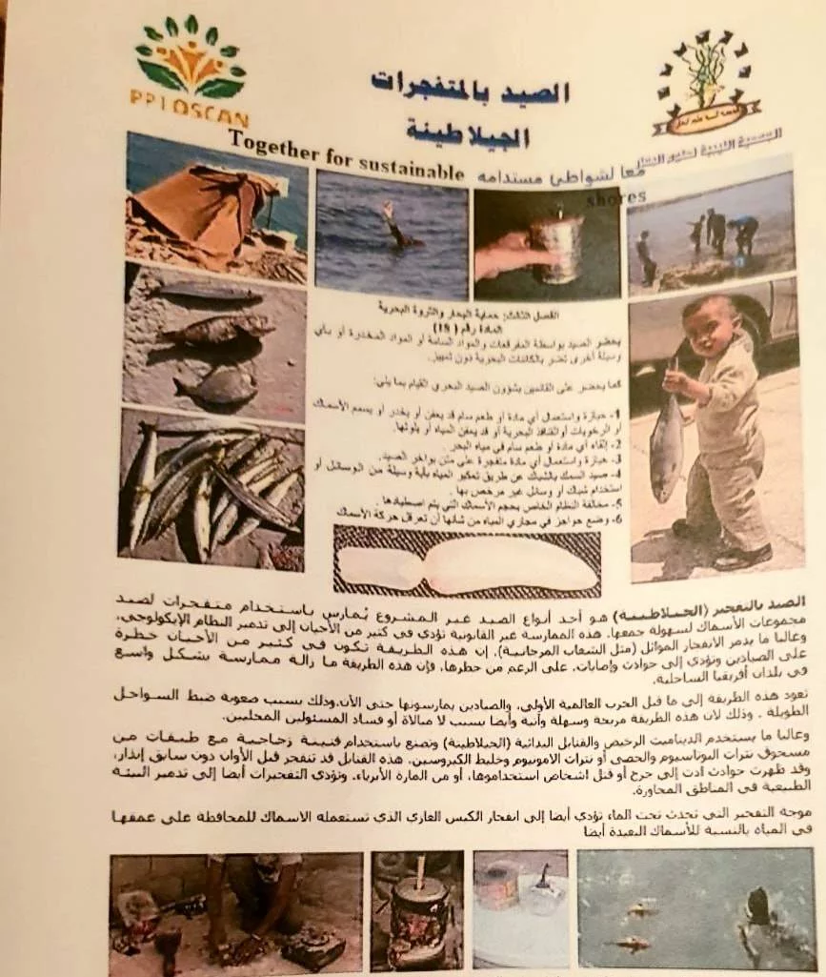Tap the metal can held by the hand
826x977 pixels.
[557, 247]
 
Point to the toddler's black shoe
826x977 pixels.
[742, 556]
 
